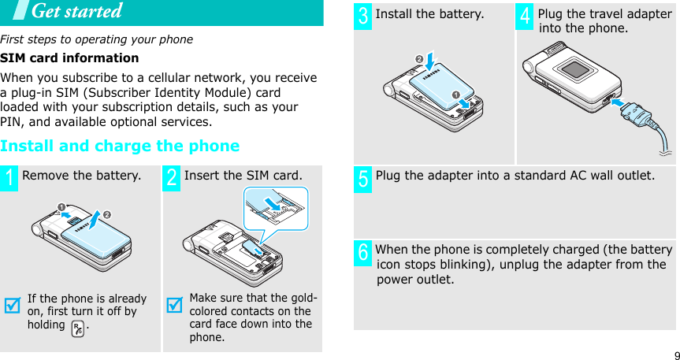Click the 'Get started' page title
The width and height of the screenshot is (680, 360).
[x=76, y=11]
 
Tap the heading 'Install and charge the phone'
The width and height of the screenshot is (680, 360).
[x=120, y=146]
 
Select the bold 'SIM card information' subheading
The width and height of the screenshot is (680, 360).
[x=69, y=58]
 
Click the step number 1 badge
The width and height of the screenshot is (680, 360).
[x=10, y=177]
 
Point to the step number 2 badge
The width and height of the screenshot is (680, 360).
[x=173, y=177]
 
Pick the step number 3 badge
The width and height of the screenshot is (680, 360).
[x=363, y=17]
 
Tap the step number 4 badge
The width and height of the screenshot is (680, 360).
[x=526, y=17]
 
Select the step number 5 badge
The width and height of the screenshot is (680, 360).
[x=363, y=178]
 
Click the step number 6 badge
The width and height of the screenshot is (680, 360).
[x=363, y=254]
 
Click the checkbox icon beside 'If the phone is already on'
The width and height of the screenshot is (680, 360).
[x=12, y=305]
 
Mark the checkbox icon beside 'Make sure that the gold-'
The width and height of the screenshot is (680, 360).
[x=174, y=305]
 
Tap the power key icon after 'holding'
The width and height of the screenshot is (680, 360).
[x=77, y=326]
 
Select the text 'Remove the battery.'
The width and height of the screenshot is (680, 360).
[x=82, y=175]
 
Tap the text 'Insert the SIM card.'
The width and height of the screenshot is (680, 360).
[x=243, y=175]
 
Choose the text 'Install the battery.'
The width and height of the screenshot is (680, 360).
[x=429, y=14]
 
